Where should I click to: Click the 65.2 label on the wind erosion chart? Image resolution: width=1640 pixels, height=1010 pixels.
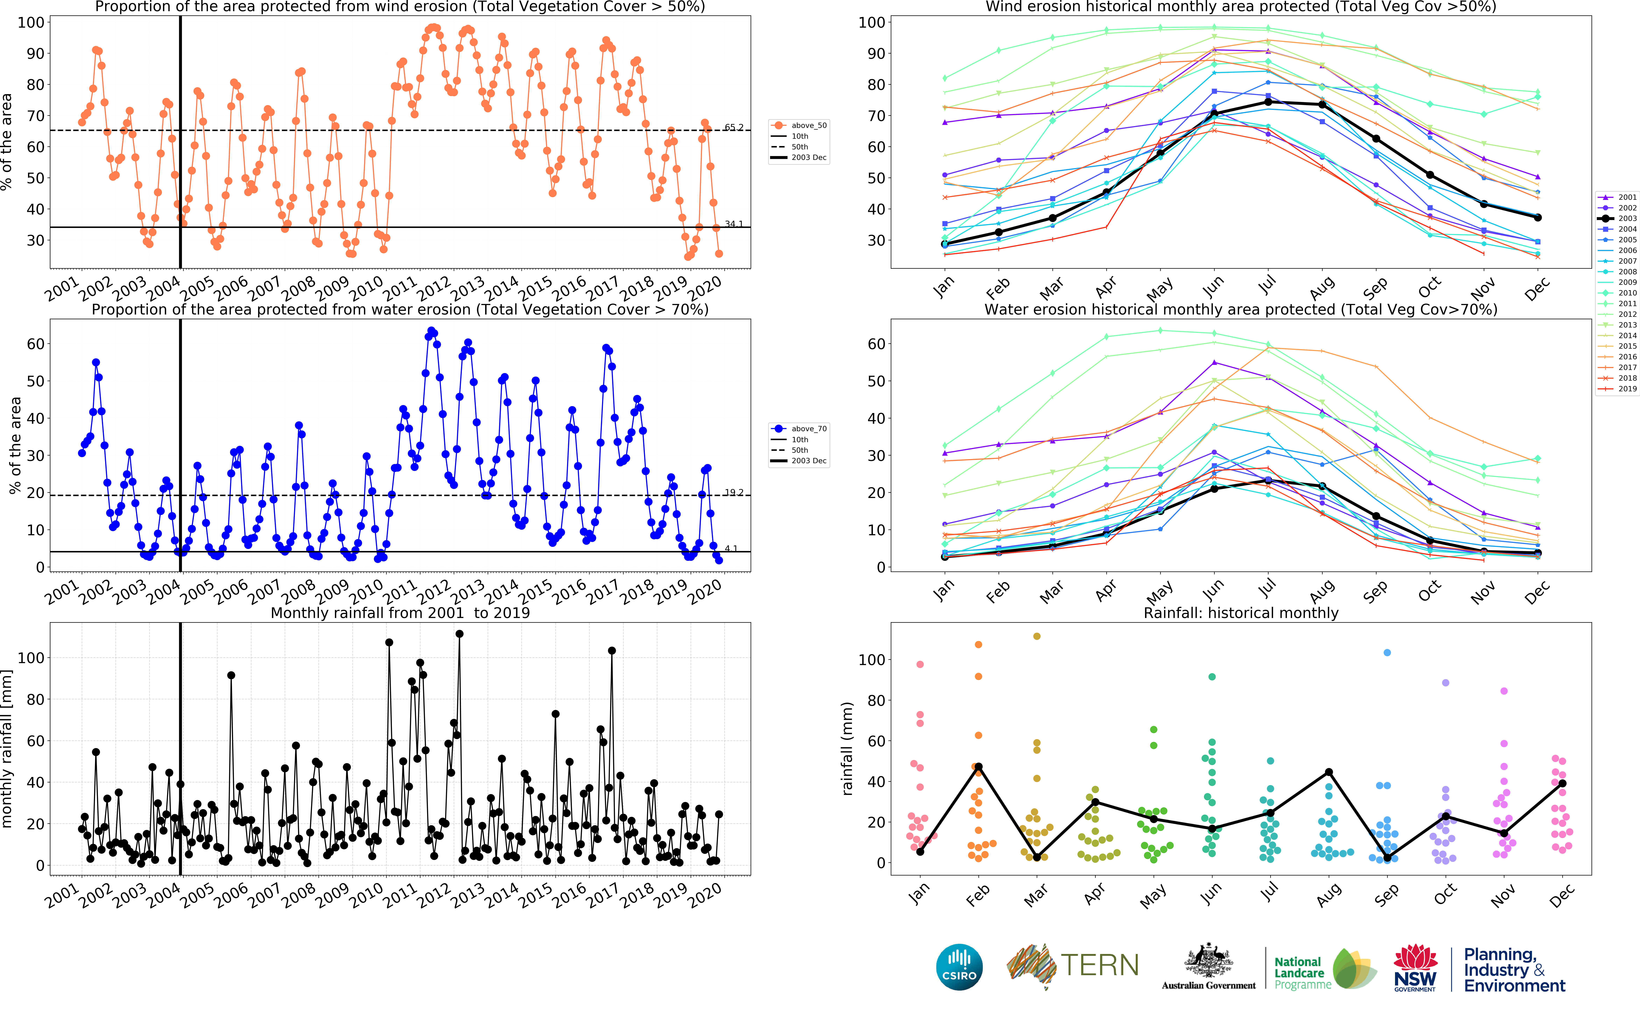(x=733, y=127)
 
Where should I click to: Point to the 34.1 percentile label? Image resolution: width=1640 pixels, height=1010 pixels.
(x=733, y=224)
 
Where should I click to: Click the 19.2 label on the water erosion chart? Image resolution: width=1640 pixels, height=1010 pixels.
(x=733, y=492)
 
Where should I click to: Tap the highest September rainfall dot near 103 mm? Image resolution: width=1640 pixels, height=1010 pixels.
(x=1387, y=653)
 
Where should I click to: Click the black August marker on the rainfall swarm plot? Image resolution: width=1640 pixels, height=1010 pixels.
(x=1329, y=772)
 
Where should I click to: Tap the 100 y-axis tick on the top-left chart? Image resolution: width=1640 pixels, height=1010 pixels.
(x=31, y=22)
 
